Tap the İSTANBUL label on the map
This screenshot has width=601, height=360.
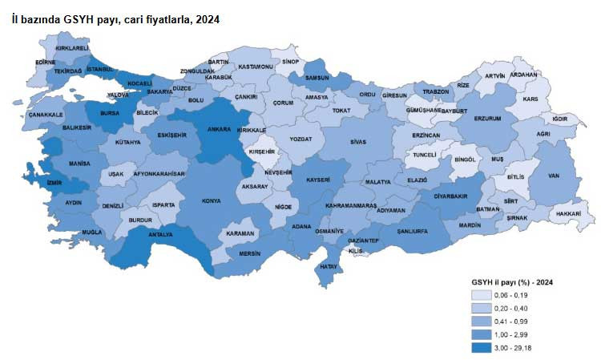102,70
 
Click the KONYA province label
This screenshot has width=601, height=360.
212,200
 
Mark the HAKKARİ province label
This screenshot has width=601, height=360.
567,214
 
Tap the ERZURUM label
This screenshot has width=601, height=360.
487,119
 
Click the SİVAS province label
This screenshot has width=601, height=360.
358,142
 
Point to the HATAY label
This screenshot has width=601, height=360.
328,265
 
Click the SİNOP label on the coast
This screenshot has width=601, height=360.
290,60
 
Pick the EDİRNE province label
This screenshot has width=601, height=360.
46,62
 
